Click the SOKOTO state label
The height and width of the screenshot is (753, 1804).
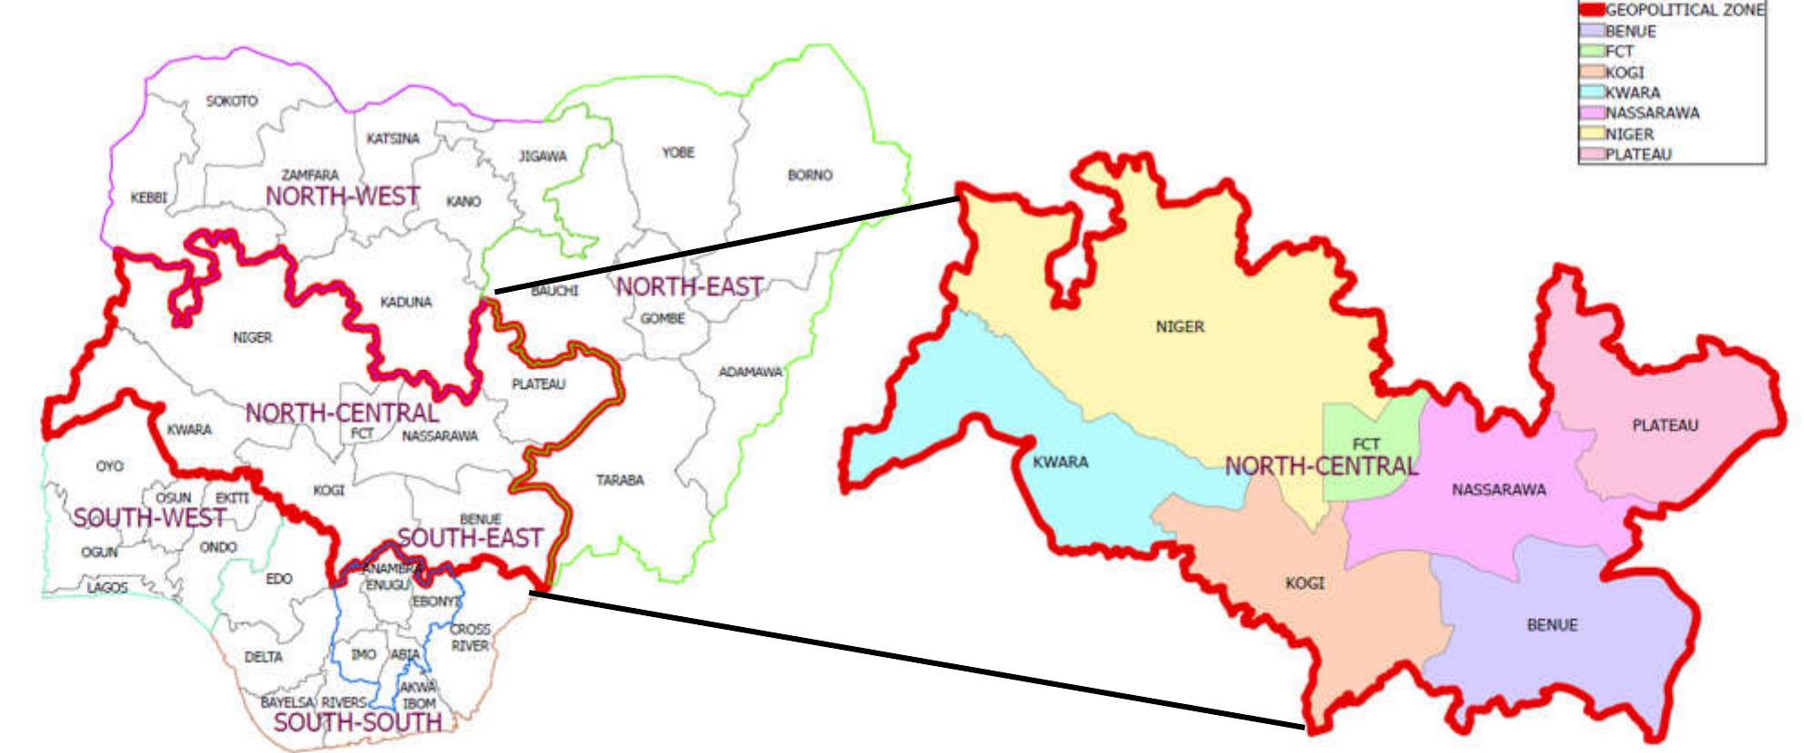click(x=231, y=101)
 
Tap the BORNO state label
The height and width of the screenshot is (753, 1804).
click(x=809, y=175)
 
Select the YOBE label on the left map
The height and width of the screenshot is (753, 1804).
click(x=677, y=152)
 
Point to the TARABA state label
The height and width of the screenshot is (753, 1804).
click(x=620, y=480)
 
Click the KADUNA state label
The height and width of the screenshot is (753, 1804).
click(x=406, y=302)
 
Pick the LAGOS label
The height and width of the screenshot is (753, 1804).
click(x=107, y=588)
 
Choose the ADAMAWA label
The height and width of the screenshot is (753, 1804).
click(x=750, y=372)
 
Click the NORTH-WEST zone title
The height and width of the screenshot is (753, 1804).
click(x=342, y=196)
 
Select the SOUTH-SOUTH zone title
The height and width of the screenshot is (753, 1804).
click(x=358, y=723)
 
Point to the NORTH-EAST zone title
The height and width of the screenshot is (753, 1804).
click(x=689, y=287)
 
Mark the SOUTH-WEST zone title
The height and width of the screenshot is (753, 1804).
click(x=150, y=518)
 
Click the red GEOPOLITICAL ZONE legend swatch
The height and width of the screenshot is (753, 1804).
click(x=1591, y=11)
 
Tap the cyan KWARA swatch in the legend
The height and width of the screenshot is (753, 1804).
click(x=1591, y=92)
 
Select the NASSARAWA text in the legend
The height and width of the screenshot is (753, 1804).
click(x=1652, y=113)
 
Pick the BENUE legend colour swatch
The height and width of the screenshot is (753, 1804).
click(x=1591, y=32)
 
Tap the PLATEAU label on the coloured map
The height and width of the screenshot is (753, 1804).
click(x=1664, y=425)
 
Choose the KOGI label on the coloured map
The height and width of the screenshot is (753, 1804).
click(x=1304, y=584)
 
